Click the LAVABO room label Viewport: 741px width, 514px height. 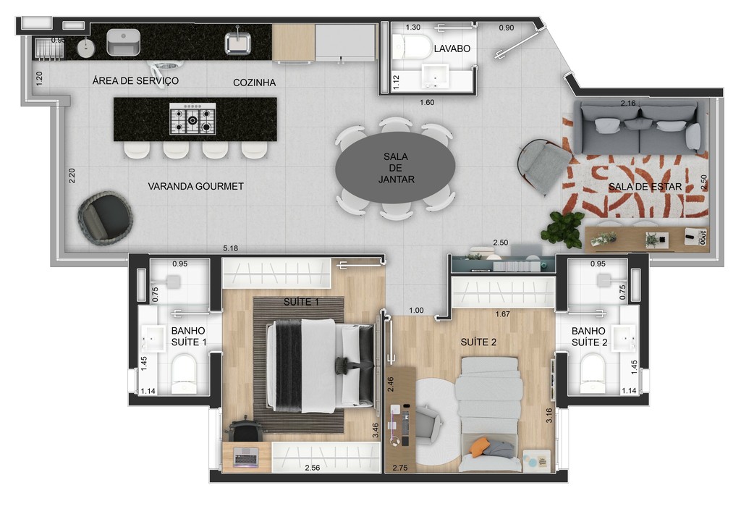coord(452,49)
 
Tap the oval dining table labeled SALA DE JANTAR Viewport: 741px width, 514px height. coord(395,168)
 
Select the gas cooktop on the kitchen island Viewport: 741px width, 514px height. coord(193,119)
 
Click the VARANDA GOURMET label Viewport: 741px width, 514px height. coord(195,186)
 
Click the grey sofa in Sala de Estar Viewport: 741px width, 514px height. coord(640,127)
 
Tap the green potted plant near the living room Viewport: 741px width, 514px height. coord(563,229)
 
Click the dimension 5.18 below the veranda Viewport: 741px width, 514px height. coord(230,249)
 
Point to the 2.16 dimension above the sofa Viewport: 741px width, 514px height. coord(628,104)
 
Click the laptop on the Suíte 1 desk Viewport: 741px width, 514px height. coord(245,456)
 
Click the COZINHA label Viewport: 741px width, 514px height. coord(254,83)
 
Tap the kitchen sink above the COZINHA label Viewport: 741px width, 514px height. coord(237,42)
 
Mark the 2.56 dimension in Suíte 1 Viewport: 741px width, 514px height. coord(312,468)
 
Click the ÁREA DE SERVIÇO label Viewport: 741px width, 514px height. coord(135,80)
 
